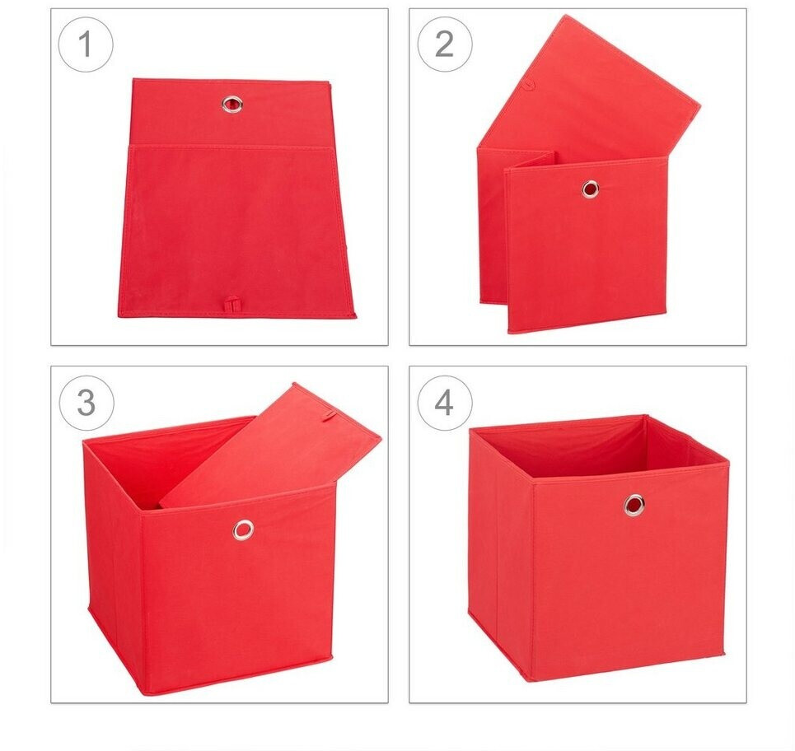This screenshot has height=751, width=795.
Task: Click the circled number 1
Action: (86, 44)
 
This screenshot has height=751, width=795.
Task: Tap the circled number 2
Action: (445, 44)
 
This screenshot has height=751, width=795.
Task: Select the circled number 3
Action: (87, 403)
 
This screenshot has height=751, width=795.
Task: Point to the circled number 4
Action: (445, 403)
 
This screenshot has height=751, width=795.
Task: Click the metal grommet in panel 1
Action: (232, 104)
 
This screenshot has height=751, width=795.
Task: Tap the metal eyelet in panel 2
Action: (590, 189)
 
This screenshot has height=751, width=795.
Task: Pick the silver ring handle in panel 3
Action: (243, 529)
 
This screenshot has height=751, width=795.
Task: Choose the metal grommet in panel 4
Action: (634, 504)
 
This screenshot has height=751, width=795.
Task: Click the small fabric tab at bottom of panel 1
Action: (231, 304)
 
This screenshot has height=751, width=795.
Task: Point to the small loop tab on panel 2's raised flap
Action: (528, 84)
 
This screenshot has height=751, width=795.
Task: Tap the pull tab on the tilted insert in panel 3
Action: (328, 417)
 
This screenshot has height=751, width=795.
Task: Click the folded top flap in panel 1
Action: (231, 113)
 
